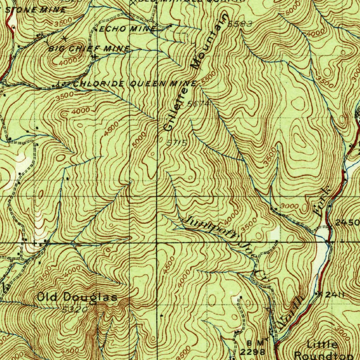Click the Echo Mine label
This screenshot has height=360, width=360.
point(127,29)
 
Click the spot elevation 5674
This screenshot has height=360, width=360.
point(198,104)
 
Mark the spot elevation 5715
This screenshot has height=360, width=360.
point(176,143)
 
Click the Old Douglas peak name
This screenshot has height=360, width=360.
point(77,297)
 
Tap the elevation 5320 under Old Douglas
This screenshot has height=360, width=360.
point(74,309)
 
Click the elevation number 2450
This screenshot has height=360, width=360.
point(347,223)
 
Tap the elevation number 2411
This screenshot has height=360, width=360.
point(334,295)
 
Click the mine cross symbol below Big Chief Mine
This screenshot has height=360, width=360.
point(95,56)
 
